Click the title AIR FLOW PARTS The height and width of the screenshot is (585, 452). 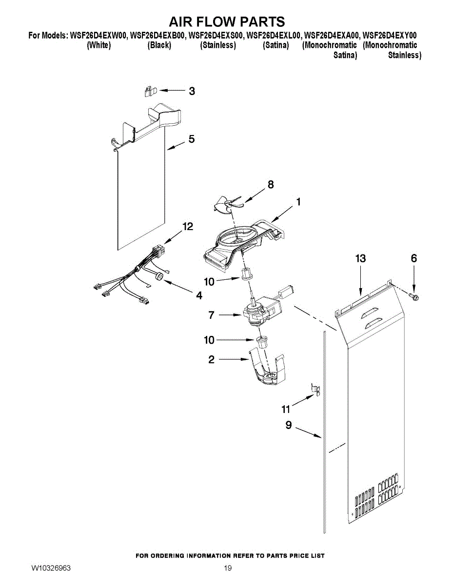click(226, 22)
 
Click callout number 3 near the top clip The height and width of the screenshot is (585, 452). click(192, 91)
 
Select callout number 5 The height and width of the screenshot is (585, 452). click(192, 139)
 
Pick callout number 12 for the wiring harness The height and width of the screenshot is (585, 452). click(188, 227)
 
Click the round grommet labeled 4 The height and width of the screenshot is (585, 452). click(159, 277)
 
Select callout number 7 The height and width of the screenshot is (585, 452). click(211, 315)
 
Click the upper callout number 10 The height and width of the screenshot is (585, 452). click(209, 281)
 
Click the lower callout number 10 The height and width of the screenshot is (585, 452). click(209, 340)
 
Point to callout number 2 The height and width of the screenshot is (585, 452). click(211, 360)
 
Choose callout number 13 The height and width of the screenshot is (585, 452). click(360, 259)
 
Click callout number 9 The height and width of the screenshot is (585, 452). click(288, 426)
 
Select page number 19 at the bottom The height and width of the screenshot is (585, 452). click(228, 568)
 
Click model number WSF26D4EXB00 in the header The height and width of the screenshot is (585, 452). click(158, 36)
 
